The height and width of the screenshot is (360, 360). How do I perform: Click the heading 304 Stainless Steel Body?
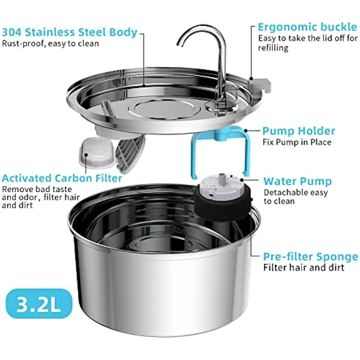pos(69,32)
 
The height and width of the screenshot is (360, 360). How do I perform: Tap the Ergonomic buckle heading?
pos(307,27)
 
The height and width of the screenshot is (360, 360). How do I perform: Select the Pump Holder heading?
pos(298,131)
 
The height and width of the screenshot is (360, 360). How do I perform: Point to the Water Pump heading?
pos(297,181)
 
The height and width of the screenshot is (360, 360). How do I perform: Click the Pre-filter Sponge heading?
pos(310,257)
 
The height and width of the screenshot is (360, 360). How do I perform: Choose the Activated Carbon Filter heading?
pos(62,178)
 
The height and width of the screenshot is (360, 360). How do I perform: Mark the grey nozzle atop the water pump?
pos(222,177)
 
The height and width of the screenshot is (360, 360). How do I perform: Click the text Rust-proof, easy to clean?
pos(50,44)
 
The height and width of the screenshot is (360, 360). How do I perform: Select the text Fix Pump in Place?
pos(297,142)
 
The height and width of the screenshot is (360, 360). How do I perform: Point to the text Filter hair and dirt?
pos(304,267)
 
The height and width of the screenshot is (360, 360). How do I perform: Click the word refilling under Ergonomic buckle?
pos(273,48)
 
